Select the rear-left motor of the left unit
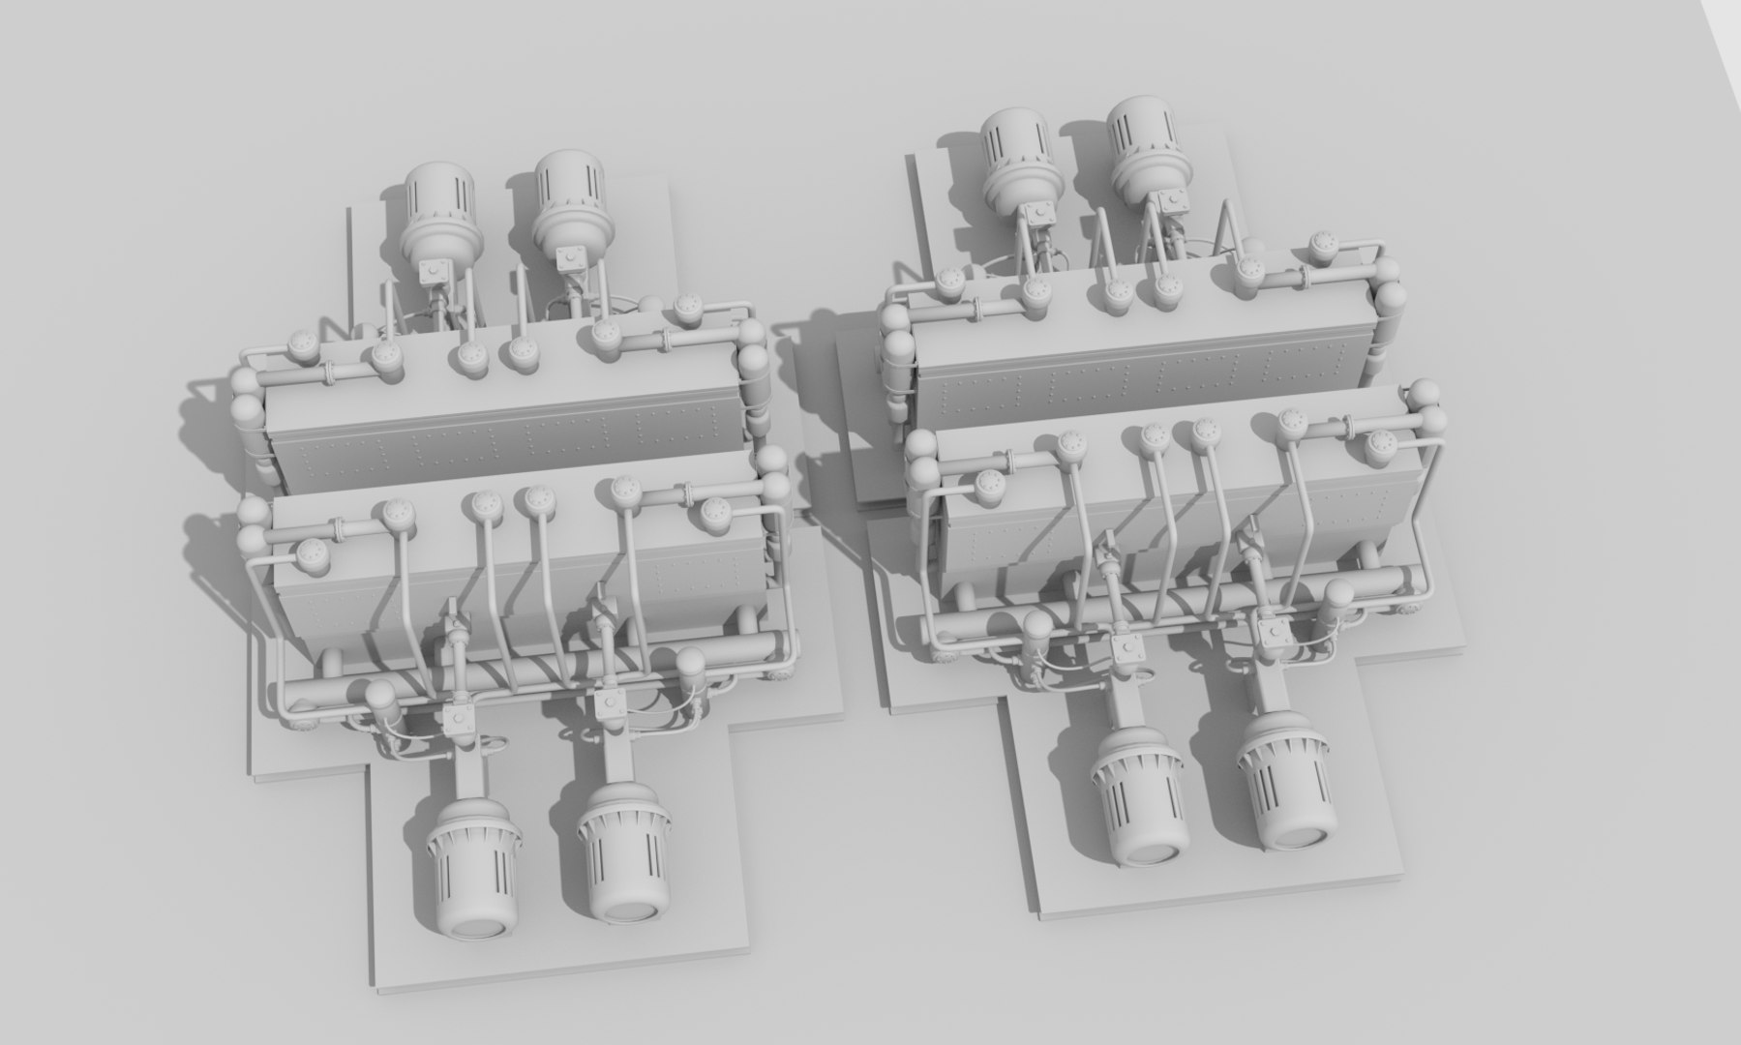438,208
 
